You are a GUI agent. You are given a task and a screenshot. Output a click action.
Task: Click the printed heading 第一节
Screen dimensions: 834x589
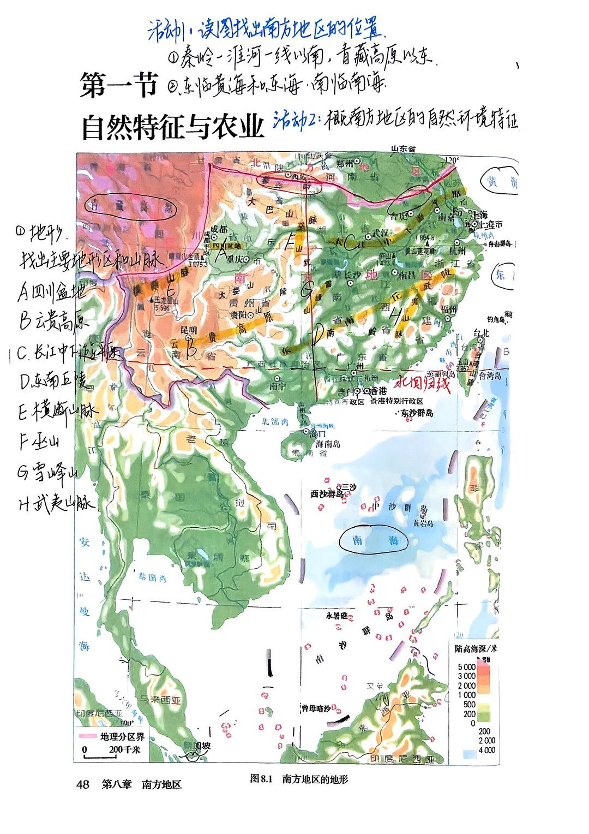click(x=118, y=86)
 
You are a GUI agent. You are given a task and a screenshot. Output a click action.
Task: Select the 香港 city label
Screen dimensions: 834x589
click(x=378, y=391)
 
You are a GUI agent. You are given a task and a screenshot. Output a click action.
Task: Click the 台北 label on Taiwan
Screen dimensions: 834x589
click(x=480, y=333)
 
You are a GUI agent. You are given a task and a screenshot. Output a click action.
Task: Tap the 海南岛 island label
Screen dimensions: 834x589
click(x=327, y=444)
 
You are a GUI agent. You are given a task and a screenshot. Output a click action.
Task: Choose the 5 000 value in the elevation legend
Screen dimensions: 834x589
click(x=466, y=667)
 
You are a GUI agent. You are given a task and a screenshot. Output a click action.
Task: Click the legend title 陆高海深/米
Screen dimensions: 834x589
click(x=476, y=648)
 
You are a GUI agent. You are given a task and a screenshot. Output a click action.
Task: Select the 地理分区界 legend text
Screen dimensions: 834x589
click(x=122, y=736)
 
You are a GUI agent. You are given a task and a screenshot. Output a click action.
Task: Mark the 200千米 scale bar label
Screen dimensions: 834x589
click(x=124, y=749)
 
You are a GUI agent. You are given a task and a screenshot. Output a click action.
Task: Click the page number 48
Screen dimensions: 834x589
click(x=82, y=784)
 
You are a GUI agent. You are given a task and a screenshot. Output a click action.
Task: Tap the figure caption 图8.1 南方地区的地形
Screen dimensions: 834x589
click(x=298, y=779)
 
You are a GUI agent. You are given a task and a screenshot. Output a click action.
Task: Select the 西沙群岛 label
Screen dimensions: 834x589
click(x=327, y=494)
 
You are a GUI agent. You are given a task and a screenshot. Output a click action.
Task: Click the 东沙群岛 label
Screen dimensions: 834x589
click(x=417, y=413)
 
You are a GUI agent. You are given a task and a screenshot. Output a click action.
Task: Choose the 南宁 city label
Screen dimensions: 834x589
click(x=277, y=387)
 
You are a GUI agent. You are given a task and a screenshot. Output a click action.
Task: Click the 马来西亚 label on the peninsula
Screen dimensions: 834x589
click(x=158, y=700)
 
